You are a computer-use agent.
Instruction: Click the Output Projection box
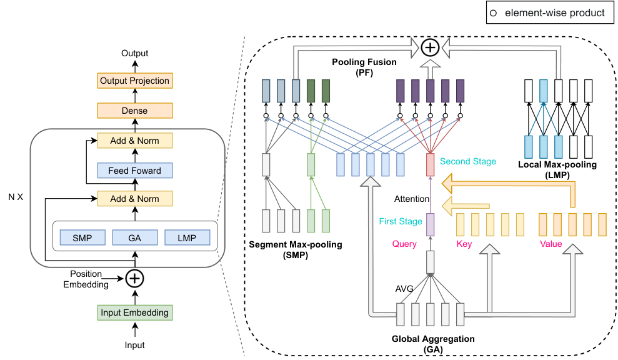click(135, 81)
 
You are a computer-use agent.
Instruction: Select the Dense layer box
click(135, 111)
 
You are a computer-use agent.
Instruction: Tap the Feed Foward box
click(135, 171)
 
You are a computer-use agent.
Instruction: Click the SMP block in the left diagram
click(82, 237)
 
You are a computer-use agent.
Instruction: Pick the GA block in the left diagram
click(135, 237)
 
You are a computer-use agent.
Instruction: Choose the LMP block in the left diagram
click(187, 237)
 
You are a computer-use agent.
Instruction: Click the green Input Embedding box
click(135, 312)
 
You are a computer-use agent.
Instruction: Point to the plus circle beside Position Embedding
click(135, 279)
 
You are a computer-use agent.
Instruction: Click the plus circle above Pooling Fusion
click(430, 47)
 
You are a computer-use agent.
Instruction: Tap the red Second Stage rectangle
click(431, 165)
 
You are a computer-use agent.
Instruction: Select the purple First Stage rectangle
click(431, 225)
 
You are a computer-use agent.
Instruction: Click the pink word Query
click(404, 244)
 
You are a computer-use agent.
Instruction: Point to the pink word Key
click(464, 244)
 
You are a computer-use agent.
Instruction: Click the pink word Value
click(551, 244)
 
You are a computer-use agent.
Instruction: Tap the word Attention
click(412, 199)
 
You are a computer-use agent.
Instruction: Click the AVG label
click(404, 289)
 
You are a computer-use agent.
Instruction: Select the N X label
click(16, 197)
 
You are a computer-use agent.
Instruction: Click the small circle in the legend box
click(493, 13)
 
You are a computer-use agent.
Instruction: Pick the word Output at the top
click(135, 53)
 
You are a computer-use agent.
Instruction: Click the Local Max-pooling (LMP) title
click(557, 170)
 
